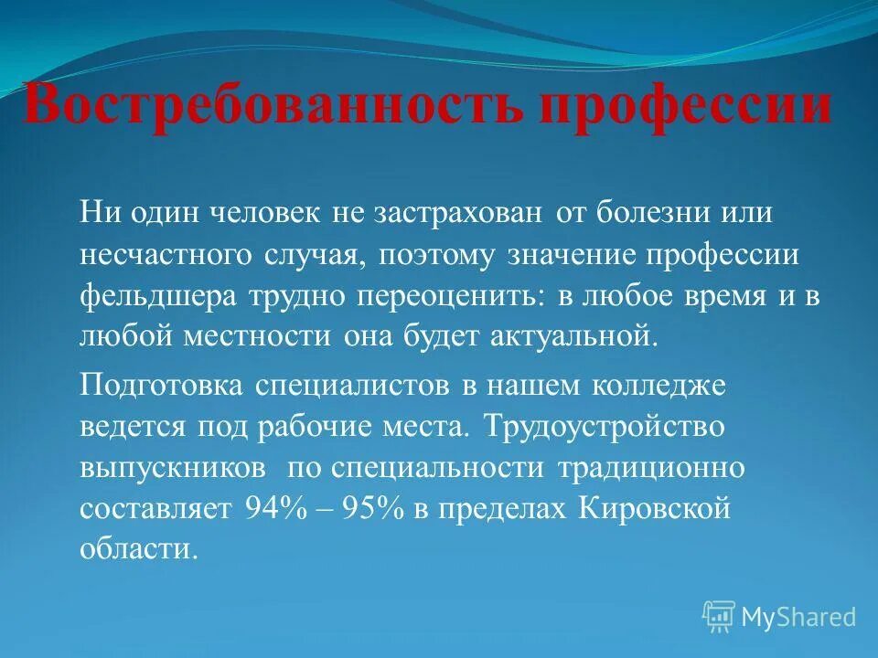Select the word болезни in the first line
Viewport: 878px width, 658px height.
coord(651,213)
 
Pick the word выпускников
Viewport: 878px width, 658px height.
coord(175,467)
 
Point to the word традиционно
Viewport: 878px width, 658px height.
coord(650,467)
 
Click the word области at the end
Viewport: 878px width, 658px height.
coord(138,549)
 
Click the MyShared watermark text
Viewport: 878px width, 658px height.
coord(798,618)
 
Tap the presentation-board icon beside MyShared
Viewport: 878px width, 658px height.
coord(719,617)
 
